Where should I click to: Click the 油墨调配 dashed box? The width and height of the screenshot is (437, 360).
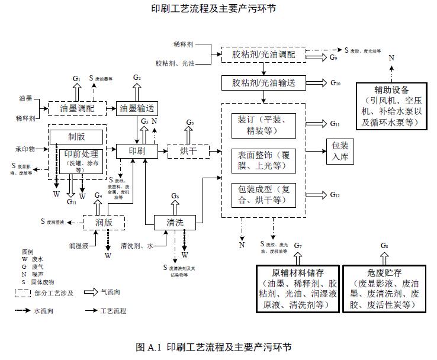(x=76, y=109)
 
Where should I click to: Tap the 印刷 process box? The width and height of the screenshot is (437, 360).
(x=136, y=151)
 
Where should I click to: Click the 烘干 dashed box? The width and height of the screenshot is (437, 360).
(x=189, y=151)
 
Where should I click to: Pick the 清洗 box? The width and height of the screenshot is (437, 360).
(x=175, y=222)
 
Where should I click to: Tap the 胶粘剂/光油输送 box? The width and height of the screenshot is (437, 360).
(x=264, y=82)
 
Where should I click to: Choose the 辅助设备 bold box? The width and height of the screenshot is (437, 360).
(x=391, y=106)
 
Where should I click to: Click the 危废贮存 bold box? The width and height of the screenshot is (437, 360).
(x=385, y=288)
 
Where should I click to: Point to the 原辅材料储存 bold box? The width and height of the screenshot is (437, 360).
(x=298, y=288)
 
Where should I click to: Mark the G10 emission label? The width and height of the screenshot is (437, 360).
(x=336, y=83)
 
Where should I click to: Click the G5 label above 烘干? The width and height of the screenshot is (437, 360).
(x=189, y=123)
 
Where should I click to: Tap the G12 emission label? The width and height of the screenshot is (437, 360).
(x=335, y=195)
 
